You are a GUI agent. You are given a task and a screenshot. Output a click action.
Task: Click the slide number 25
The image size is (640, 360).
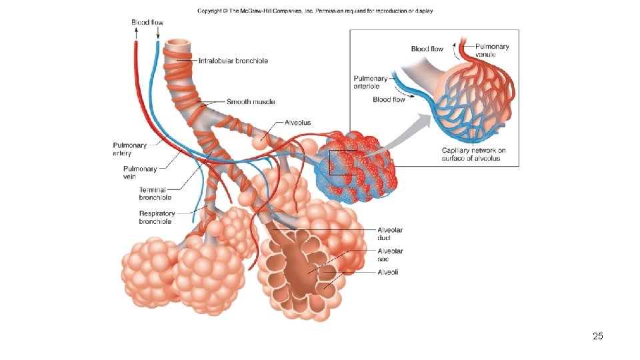[x=597, y=336]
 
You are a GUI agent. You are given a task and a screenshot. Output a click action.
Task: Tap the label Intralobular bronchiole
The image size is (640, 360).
[x=233, y=61]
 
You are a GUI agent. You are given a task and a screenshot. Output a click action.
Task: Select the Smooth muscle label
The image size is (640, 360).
[x=251, y=102]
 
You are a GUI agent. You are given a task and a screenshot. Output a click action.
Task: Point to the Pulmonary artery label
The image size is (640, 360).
[x=129, y=149]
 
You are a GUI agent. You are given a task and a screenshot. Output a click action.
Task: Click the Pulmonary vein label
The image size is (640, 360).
[x=140, y=173]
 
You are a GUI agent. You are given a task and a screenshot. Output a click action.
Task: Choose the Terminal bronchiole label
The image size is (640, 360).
[x=155, y=193]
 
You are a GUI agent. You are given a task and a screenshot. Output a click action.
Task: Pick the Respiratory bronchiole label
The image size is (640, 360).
[x=157, y=217]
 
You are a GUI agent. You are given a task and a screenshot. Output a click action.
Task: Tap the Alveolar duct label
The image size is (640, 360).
[x=390, y=233]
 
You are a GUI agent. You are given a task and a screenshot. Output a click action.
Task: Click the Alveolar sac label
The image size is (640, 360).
[x=390, y=255]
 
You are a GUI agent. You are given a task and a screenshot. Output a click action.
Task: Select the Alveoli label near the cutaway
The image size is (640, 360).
[x=388, y=272]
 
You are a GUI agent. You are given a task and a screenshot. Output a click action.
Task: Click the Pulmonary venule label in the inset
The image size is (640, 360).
[x=492, y=50]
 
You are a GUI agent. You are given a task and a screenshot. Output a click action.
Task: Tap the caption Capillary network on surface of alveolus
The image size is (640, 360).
[x=473, y=154]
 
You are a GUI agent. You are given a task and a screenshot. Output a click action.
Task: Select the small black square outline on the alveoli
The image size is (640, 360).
[x=343, y=162]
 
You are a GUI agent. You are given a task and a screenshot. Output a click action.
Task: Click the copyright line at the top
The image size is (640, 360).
[x=315, y=11]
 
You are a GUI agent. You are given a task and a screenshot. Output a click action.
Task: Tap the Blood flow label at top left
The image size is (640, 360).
[x=147, y=23]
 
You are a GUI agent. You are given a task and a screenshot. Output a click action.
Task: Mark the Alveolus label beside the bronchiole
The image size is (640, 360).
[x=297, y=123]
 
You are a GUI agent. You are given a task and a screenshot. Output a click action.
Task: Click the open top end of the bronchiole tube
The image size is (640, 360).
[x=179, y=44]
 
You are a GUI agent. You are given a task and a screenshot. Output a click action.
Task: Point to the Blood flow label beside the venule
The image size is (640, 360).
[x=427, y=49]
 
